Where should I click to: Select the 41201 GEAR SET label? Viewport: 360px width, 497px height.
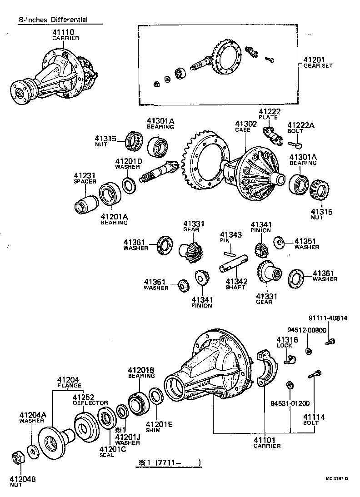click(x=318, y=62)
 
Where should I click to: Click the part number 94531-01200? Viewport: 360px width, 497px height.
click(x=290, y=403)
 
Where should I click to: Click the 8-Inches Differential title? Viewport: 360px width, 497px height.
click(x=53, y=20)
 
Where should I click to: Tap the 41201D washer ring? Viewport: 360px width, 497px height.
click(x=128, y=186)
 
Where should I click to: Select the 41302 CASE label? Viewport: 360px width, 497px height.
click(x=246, y=126)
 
